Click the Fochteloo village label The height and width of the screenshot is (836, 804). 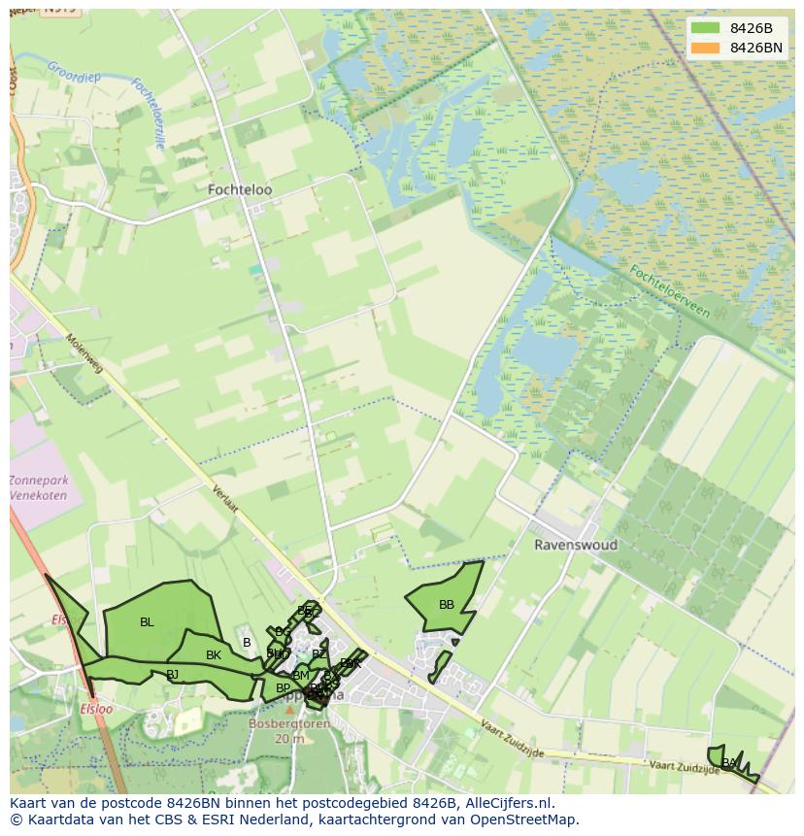coord(240,190)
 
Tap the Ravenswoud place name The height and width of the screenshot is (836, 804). coord(575,545)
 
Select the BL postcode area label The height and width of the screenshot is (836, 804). coord(147,622)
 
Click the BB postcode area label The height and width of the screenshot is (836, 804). coord(447,605)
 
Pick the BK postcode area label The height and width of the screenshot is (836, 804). coord(214,655)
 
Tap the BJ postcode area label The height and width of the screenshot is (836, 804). coord(172,674)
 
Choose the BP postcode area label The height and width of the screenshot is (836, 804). coord(283,688)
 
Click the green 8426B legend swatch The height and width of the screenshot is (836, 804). coord(705,28)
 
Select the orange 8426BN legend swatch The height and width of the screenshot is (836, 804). coord(705,48)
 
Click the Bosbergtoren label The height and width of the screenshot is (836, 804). coord(288,724)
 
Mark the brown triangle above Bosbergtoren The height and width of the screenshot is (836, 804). coord(288,710)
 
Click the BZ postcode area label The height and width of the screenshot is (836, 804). coord(318,654)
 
